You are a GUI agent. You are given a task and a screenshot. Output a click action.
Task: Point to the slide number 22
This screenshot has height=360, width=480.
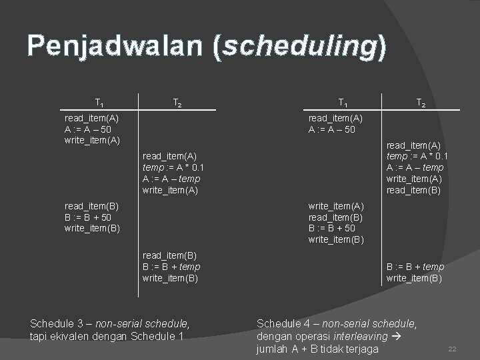451,349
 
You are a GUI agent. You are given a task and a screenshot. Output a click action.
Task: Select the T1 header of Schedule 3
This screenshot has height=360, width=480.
99,103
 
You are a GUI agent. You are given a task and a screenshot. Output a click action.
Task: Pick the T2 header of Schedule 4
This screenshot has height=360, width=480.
421,103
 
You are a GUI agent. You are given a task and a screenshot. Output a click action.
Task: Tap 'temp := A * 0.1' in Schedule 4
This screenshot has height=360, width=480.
417,157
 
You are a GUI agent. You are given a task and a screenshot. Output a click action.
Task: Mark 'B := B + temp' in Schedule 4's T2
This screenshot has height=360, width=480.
415,267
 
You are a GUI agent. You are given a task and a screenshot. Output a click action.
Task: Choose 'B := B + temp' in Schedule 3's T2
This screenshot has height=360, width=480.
171,267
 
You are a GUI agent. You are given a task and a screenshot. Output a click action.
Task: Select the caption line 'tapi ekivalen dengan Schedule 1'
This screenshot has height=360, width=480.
107,337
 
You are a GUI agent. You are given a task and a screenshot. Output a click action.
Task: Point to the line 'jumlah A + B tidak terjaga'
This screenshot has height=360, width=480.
317,349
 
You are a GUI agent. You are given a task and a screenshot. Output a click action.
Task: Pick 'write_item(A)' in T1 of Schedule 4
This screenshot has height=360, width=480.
336,207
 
